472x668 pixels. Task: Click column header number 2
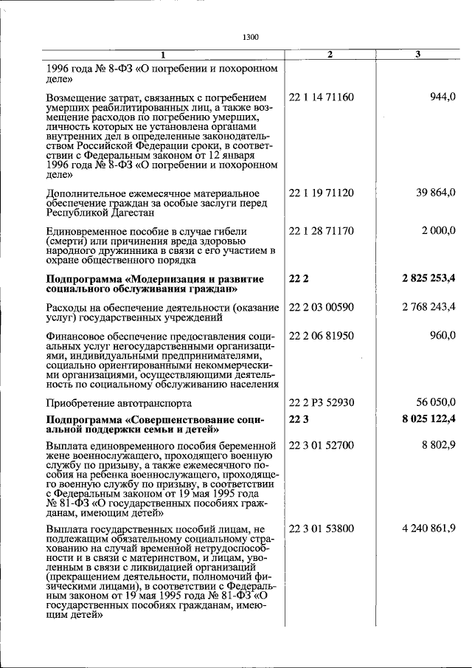click(x=330, y=55)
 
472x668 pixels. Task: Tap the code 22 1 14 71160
click(x=322, y=97)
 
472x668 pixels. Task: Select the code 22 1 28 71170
click(x=322, y=231)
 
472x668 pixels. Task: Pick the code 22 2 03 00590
click(x=322, y=307)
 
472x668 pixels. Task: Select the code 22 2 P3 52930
click(x=322, y=403)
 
